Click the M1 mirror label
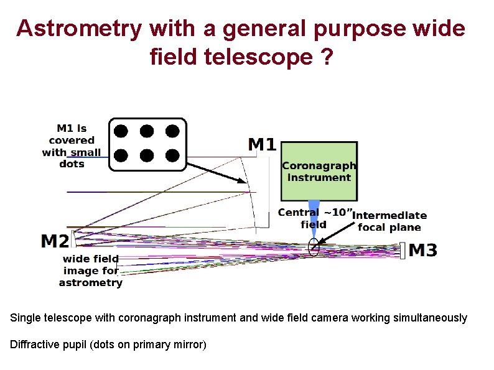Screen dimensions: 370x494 pyautogui.click(x=262, y=145)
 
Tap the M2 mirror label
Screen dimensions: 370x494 pyautogui.click(x=55, y=241)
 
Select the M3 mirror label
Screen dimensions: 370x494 pyautogui.click(x=422, y=251)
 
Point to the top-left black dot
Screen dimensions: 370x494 pyautogui.click(x=121, y=131)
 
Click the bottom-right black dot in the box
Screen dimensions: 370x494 pyautogui.click(x=172, y=155)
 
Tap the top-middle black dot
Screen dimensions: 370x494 pyautogui.click(x=146, y=131)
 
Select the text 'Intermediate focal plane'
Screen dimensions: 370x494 pyautogui.click(x=389, y=221)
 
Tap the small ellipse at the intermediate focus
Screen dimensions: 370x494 pyautogui.click(x=314, y=247)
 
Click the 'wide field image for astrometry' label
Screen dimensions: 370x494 pyautogui.click(x=91, y=271)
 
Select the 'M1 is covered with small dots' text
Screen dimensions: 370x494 pyautogui.click(x=72, y=146)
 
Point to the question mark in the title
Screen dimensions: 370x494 pyautogui.click(x=327, y=58)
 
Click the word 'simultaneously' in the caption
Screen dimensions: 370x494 pyautogui.click(x=430, y=318)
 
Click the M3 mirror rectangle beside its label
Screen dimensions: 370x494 pyautogui.click(x=403, y=250)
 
